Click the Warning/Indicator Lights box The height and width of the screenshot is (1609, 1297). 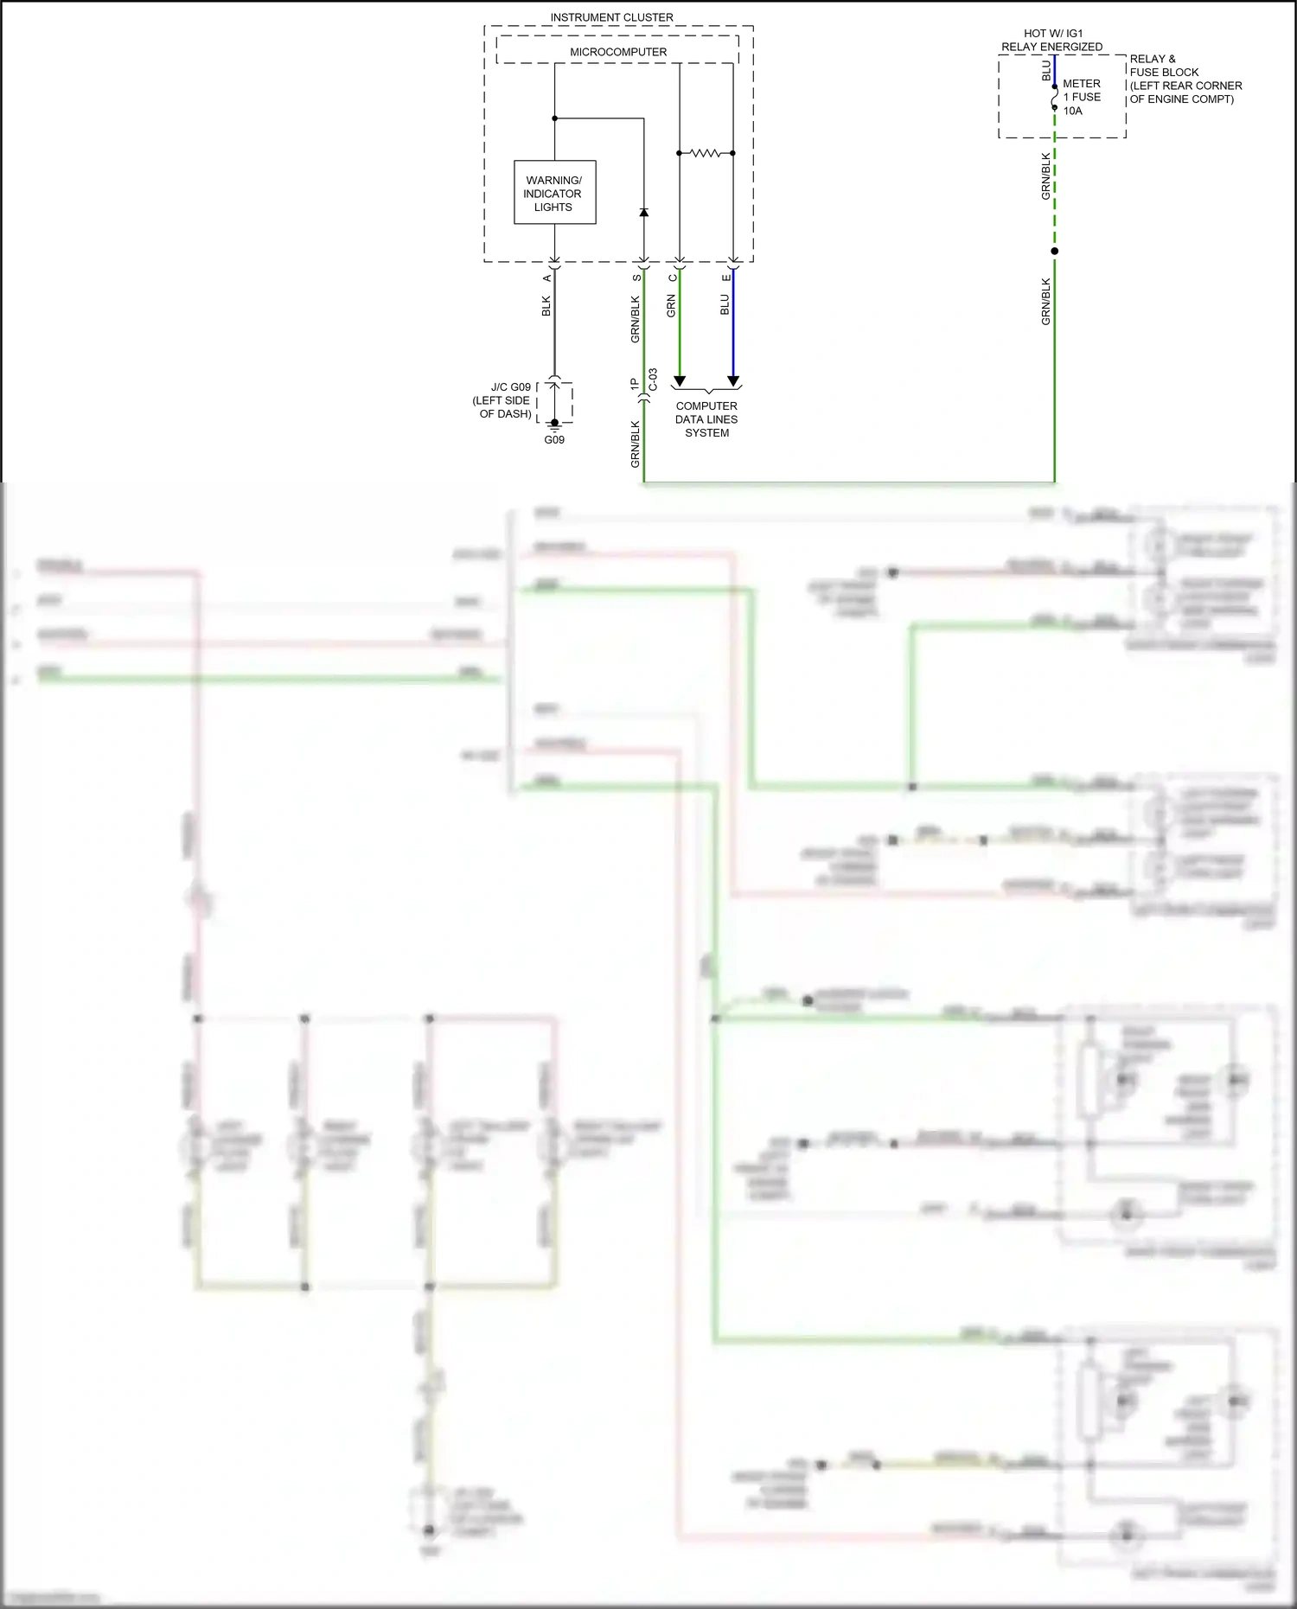coord(554,193)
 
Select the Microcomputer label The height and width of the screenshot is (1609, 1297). coord(617,52)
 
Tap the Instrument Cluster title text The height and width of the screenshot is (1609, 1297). coord(611,17)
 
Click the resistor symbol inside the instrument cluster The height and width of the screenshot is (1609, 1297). coord(706,153)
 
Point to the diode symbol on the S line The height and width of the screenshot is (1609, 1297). coord(643,212)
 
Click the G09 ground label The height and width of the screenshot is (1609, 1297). coord(554,440)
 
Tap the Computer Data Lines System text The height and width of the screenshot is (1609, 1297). coord(706,419)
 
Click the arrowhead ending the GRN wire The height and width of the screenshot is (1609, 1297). coord(680,381)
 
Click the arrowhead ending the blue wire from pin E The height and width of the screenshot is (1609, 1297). coord(733,381)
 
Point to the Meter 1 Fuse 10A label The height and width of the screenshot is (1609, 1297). coord(1081,97)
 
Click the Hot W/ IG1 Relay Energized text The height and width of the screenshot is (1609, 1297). coord(1052,40)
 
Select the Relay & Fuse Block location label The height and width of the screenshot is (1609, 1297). coord(1185,79)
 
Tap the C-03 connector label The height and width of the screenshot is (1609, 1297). coord(654,380)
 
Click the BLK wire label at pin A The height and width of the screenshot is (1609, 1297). coord(546,306)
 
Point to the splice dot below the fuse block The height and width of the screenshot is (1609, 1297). coord(1054,252)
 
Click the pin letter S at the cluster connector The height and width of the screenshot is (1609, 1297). coord(637,278)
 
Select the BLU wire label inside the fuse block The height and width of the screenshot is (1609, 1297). coord(1046,71)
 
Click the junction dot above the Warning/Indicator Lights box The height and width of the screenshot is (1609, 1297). coord(554,118)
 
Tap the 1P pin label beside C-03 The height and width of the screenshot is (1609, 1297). coord(635,384)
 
